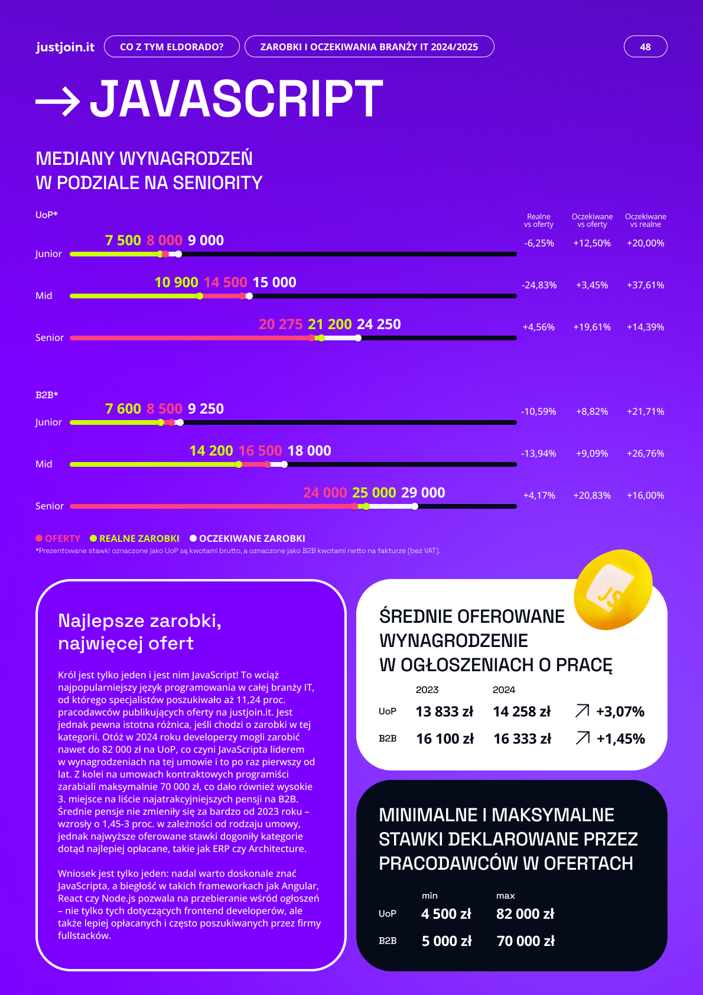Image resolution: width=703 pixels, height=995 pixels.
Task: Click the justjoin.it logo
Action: pyautogui.click(x=65, y=47)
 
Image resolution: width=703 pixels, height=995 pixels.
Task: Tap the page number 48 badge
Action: pyautogui.click(x=645, y=47)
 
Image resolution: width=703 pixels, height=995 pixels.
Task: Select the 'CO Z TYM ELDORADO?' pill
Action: pyautogui.click(x=171, y=47)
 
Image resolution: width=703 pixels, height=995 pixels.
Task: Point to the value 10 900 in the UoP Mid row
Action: pyautogui.click(x=176, y=282)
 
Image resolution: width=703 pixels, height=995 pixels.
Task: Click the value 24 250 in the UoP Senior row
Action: pyautogui.click(x=379, y=324)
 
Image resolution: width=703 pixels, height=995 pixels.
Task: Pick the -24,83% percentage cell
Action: pyautogui.click(x=539, y=285)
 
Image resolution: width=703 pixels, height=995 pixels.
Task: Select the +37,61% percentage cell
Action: pyautogui.click(x=645, y=285)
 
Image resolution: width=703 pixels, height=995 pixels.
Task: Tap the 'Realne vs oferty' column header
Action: pyautogui.click(x=539, y=220)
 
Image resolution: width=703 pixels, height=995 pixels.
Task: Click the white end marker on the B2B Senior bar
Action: pyautogui.click(x=415, y=506)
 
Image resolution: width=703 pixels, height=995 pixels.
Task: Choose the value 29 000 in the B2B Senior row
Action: pyautogui.click(x=423, y=493)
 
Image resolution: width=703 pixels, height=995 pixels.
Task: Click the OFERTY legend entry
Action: pyautogui.click(x=58, y=538)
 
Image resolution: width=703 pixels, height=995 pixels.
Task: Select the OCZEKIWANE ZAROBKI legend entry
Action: pyautogui.click(x=248, y=538)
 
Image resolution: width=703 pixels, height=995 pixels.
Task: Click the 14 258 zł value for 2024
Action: pyautogui.click(x=522, y=711)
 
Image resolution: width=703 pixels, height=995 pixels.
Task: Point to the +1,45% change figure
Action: pyautogui.click(x=620, y=739)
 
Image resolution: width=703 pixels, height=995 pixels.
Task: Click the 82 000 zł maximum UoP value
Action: pyautogui.click(x=525, y=913)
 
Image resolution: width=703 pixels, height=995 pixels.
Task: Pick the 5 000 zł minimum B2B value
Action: pyautogui.click(x=447, y=941)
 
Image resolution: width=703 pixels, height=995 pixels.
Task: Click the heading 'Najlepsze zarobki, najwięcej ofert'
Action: pyautogui.click(x=139, y=632)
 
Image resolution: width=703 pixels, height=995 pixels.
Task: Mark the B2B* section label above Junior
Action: pyautogui.click(x=47, y=395)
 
